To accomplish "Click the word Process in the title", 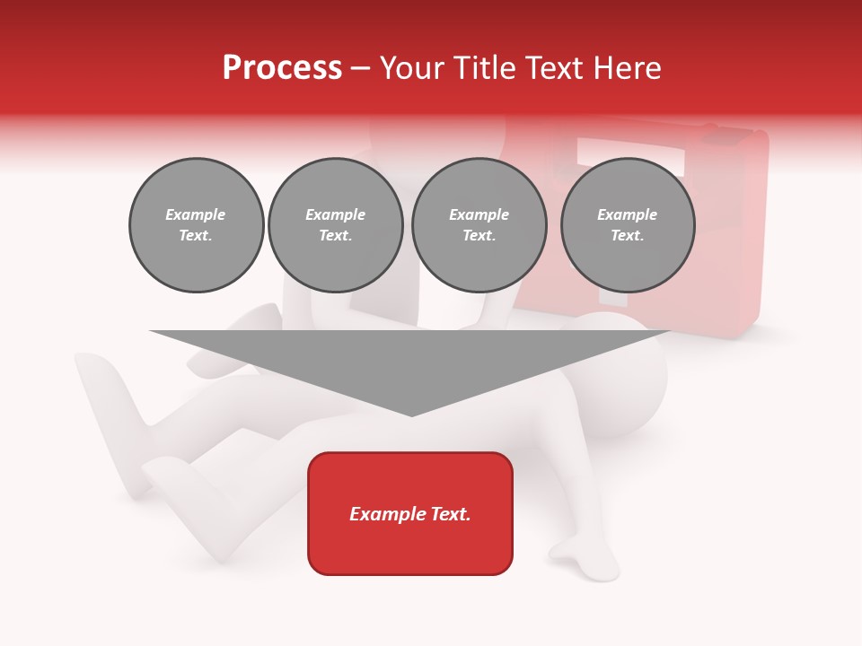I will (282, 68).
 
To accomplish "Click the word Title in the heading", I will (479, 68).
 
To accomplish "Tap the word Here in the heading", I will (626, 68).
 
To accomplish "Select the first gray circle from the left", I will (196, 225).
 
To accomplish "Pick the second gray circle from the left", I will (336, 225).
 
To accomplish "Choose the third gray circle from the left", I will (479, 225).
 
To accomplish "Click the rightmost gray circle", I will (628, 225).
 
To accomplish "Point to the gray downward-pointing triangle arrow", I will (410, 359).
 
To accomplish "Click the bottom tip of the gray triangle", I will (411, 414).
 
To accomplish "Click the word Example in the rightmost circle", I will (627, 214).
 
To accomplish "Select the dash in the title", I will (361, 68).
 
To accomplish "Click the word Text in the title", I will (550, 68).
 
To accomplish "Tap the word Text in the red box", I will (447, 514).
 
